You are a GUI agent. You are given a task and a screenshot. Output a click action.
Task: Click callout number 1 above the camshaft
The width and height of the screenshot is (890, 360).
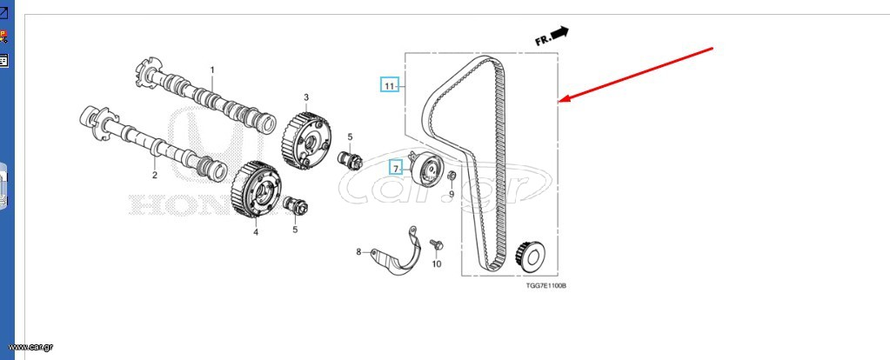[x=212, y=70]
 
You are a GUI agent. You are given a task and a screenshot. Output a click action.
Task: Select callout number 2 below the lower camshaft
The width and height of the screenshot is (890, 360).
[x=154, y=175]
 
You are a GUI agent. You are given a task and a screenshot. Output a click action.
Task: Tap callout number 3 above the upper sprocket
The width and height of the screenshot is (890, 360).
[x=306, y=97]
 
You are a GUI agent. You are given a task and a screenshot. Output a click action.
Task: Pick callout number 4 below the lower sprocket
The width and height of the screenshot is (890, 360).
[x=256, y=232]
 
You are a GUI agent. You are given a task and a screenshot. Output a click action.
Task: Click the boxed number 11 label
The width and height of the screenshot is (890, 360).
[x=390, y=85]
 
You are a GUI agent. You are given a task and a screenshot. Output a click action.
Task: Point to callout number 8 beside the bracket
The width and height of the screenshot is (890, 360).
[x=358, y=251]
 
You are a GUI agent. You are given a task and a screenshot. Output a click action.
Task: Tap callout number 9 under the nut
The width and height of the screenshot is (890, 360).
[x=452, y=194]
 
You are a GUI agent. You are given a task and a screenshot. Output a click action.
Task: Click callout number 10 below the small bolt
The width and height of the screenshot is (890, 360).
[x=436, y=263]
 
